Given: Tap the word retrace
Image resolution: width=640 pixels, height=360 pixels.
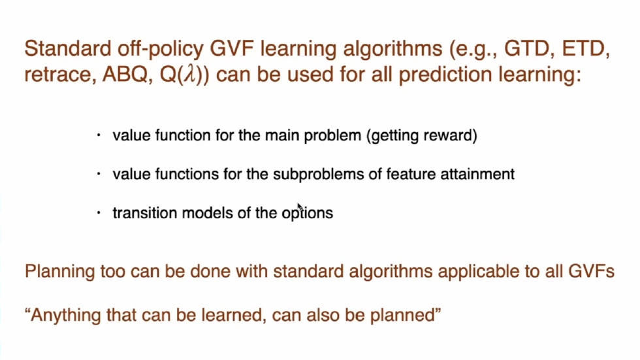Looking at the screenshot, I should coord(58,74).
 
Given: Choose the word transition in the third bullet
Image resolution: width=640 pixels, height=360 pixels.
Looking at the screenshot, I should coord(140,213).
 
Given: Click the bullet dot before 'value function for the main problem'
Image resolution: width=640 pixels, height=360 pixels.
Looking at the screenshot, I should coord(98,136).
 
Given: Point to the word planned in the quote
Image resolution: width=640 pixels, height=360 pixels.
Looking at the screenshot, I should coord(405,316).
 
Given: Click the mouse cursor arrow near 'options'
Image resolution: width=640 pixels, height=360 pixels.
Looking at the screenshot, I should coord(300,207).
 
